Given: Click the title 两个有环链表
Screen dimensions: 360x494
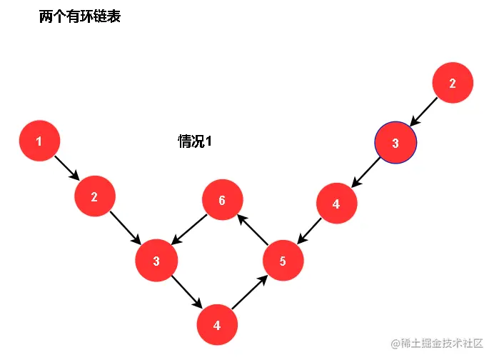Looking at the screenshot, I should [x=80, y=17].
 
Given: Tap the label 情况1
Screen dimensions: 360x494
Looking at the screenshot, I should [x=195, y=141].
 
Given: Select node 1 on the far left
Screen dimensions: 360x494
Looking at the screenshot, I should [x=39, y=141].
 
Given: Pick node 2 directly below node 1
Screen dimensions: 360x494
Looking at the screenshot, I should [x=94, y=197].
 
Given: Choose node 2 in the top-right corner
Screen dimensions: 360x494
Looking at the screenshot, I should [x=452, y=84].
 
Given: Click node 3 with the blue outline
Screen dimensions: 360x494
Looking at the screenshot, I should [x=395, y=144].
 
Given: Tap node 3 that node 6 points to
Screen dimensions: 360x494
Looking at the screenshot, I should [x=156, y=260].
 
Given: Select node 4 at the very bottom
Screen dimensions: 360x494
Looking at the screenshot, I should [x=217, y=325].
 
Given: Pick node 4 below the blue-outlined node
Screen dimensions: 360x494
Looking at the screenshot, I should [x=336, y=204].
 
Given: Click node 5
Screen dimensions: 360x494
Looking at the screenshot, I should [x=283, y=261].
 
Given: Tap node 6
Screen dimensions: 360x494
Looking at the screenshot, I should [x=222, y=199].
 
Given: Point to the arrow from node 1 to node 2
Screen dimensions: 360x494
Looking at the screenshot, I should [x=66, y=169].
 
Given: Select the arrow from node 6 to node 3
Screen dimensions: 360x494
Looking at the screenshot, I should [x=190, y=229].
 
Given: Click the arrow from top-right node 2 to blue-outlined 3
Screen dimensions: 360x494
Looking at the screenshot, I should [x=424, y=114].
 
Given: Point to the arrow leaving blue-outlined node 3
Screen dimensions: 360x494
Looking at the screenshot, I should [x=366, y=174].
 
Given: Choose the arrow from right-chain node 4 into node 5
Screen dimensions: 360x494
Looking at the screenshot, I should [x=309, y=232].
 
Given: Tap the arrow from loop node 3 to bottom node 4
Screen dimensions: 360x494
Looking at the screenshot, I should [x=186, y=292].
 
